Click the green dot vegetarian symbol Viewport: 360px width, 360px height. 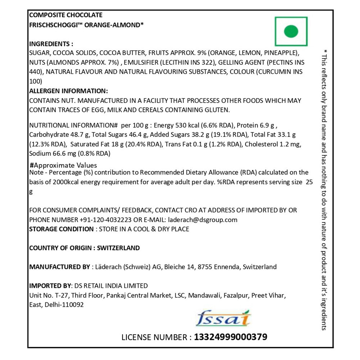coord(291,31)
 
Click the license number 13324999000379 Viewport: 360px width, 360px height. coord(230,337)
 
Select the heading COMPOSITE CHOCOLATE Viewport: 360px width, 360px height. coord(66,15)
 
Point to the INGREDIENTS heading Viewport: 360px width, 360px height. coord(51,44)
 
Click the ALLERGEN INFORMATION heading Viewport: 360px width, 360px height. coord(68,91)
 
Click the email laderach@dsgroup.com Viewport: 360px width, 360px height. coord(202,220)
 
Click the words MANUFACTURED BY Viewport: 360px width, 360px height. coord(59,267)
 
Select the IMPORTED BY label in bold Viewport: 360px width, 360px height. coord(50,286)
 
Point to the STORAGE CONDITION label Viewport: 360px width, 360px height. coord(61,229)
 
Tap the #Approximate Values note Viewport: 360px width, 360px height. coord(64,166)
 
